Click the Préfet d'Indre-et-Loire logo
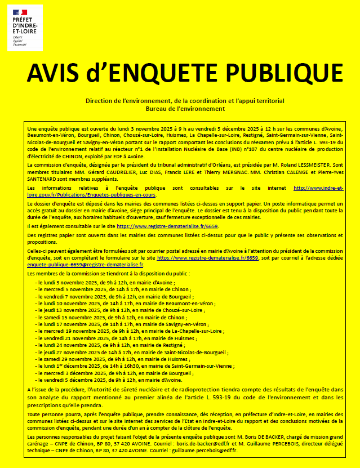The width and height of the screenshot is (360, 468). [25, 26]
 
